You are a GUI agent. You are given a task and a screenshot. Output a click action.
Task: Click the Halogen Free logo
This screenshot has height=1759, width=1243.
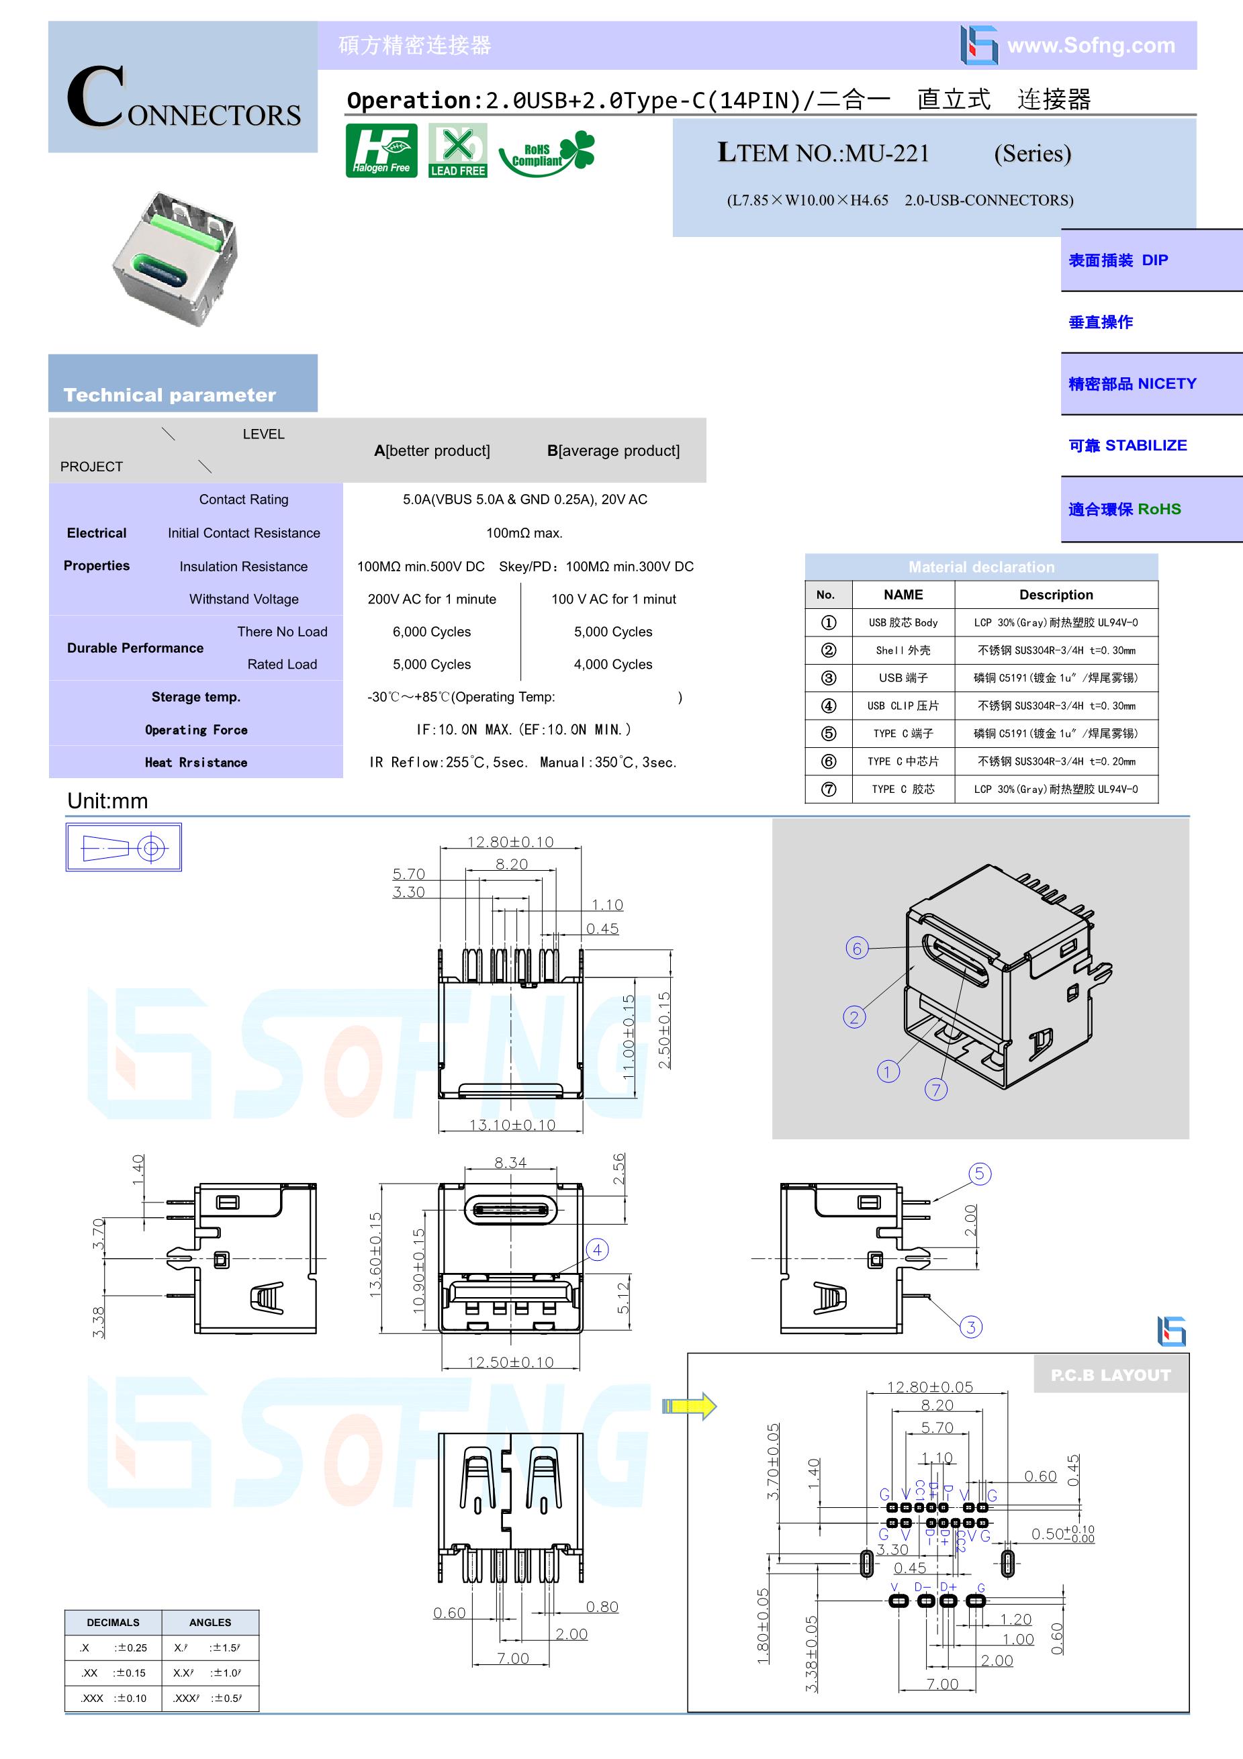[x=381, y=150]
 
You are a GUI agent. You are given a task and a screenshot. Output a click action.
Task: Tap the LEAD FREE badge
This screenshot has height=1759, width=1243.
[x=457, y=150]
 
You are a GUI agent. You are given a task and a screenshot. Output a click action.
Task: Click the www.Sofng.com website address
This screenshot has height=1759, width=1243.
[x=1091, y=45]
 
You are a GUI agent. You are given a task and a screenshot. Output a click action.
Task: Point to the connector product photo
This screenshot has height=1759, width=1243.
[x=175, y=258]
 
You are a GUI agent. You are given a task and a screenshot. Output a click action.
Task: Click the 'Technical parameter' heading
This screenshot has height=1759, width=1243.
[x=169, y=395]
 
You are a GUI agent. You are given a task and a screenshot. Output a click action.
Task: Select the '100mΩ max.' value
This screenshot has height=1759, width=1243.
[x=524, y=532]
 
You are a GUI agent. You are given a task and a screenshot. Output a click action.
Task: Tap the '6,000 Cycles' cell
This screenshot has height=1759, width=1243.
[x=431, y=632]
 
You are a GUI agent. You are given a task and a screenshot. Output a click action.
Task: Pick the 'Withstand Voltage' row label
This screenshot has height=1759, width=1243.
[x=244, y=599]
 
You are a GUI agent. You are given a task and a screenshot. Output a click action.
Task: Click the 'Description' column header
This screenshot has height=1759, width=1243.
[x=1056, y=595]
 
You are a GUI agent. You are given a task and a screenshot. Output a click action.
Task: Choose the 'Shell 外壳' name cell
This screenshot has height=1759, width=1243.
[x=903, y=651]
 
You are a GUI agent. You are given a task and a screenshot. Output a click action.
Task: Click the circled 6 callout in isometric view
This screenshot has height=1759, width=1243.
[x=857, y=949]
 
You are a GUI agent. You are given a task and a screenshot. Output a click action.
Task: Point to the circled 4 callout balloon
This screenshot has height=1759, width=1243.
[x=598, y=1250]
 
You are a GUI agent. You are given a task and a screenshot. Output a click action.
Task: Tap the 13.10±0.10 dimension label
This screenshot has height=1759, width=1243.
[x=512, y=1125]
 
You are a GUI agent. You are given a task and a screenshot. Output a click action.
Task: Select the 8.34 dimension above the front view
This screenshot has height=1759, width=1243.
[x=510, y=1162]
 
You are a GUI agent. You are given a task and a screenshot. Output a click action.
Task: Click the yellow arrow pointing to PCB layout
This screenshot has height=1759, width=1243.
[x=689, y=1406]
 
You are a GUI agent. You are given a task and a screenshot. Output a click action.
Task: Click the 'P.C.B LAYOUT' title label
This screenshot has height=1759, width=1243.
[x=1111, y=1375]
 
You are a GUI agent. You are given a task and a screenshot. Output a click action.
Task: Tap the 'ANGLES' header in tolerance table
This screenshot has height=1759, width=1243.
[x=210, y=1622]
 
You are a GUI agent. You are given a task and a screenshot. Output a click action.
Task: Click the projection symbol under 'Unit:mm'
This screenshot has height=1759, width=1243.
[x=124, y=847]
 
